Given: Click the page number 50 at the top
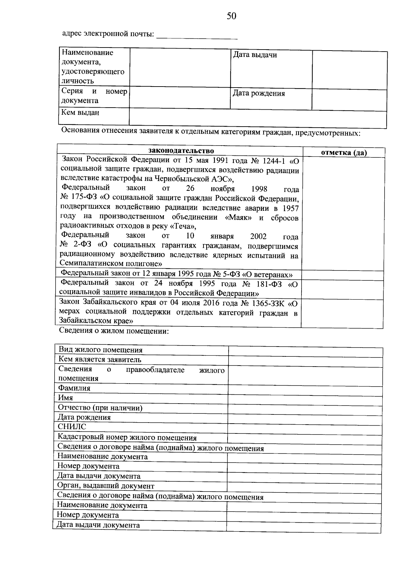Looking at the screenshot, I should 232,16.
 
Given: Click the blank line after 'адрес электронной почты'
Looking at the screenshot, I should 196,36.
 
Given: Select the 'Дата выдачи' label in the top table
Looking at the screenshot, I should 255,55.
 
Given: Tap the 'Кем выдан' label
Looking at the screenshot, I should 80,113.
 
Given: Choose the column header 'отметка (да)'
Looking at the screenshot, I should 344,153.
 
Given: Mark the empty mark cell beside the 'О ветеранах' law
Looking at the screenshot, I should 342,275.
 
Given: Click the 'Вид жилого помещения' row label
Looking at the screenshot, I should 100,350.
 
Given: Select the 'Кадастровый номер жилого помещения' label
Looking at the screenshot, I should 127,438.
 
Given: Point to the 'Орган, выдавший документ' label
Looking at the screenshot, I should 105,486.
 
